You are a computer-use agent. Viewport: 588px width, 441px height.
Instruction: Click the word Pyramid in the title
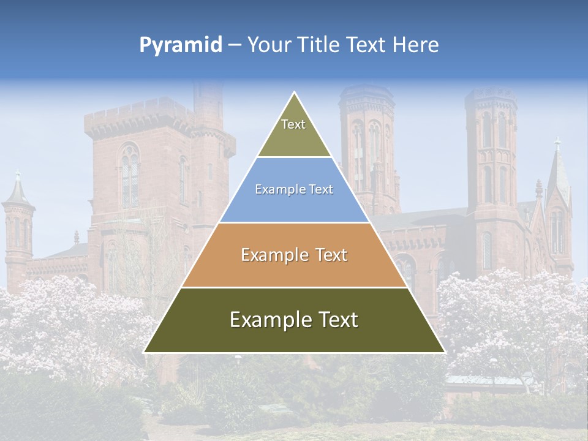(181, 45)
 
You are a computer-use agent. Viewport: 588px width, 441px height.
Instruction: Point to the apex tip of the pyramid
(295, 93)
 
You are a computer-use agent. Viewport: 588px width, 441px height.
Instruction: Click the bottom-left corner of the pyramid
(145, 352)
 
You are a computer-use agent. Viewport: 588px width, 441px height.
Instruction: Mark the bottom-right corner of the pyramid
(444, 352)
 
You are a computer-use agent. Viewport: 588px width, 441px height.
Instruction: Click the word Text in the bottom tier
(336, 320)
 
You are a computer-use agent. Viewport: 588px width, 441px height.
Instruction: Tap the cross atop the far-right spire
(557, 145)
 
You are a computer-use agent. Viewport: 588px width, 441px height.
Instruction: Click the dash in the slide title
(234, 45)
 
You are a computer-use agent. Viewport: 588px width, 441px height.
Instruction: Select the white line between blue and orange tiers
(294, 222)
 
